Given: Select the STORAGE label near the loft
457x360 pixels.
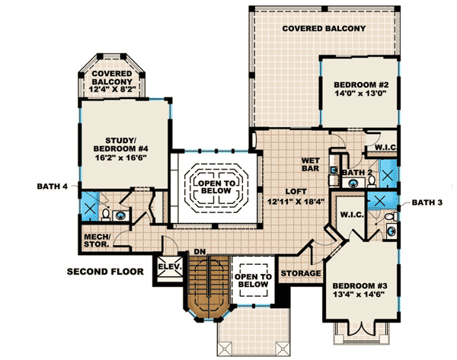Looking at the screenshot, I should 301,272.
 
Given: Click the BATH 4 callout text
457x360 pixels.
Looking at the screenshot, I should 53,185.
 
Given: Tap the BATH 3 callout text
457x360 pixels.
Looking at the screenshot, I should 427,202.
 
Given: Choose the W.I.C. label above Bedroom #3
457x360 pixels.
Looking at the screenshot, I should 352,215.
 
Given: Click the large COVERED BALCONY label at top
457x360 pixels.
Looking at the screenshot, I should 324,28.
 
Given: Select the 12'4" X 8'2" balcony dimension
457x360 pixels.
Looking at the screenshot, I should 112,90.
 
